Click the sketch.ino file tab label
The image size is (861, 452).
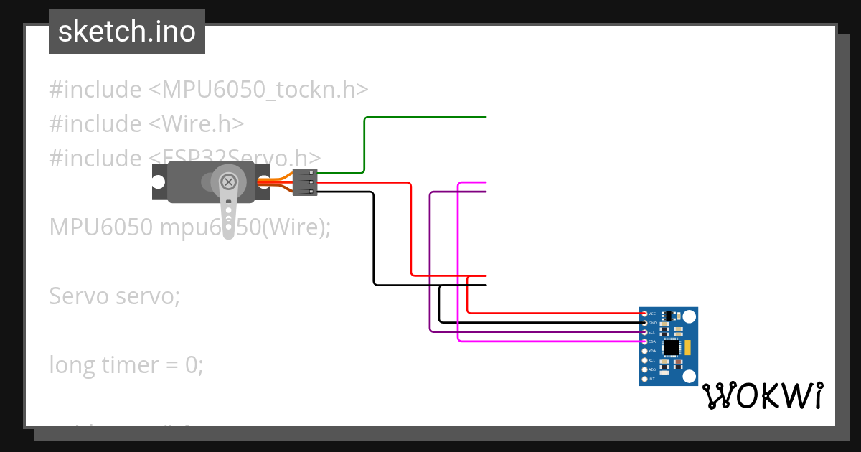tap(126, 32)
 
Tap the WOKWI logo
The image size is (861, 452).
tap(762, 395)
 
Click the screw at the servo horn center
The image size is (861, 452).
tap(229, 181)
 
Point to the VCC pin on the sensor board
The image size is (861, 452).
tap(644, 314)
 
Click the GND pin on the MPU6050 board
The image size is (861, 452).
tap(644, 323)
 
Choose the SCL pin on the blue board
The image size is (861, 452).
tap(644, 332)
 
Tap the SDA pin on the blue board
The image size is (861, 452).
tap(644, 342)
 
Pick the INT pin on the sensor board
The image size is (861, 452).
tap(644, 378)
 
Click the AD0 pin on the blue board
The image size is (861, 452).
tap(644, 369)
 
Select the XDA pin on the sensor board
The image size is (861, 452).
tap(644, 351)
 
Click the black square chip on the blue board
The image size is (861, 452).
tap(671, 348)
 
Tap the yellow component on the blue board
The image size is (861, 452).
tap(687, 348)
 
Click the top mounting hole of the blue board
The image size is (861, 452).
tap(690, 316)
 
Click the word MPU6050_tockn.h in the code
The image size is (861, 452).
tap(265, 90)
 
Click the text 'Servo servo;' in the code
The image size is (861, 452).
tap(115, 296)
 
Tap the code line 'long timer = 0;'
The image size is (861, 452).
tap(126, 365)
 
